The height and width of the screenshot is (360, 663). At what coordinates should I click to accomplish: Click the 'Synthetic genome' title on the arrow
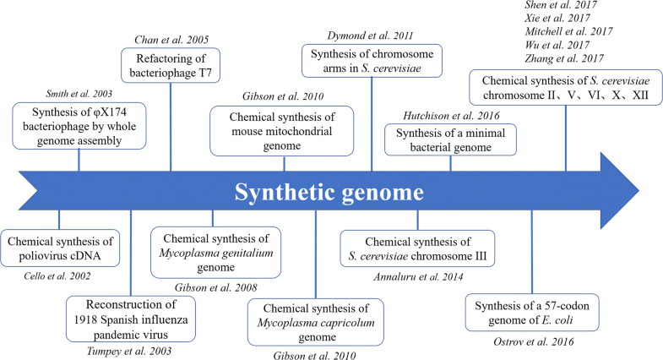click(x=329, y=193)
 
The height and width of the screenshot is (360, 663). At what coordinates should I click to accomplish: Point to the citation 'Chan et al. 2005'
click(x=171, y=39)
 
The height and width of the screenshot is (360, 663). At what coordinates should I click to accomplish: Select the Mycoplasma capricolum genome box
click(x=315, y=320)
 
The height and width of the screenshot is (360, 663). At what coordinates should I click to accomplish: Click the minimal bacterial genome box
click(x=450, y=139)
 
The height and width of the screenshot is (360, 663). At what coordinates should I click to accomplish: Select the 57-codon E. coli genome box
click(x=532, y=311)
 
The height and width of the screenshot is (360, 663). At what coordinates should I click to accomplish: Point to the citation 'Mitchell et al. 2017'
click(x=561, y=30)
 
